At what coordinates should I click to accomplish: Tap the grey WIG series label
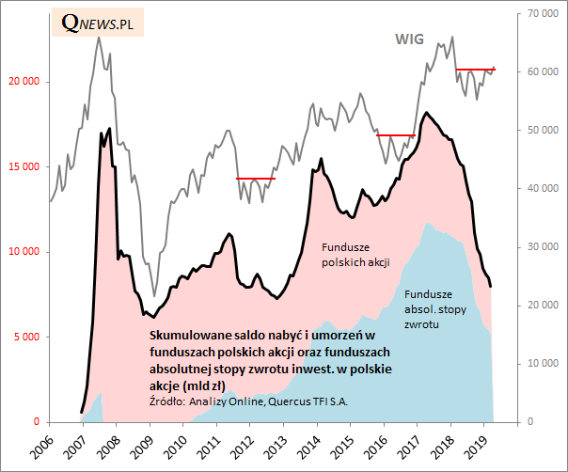pyautogui.click(x=408, y=39)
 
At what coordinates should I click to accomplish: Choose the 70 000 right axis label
pyautogui.click(x=543, y=14)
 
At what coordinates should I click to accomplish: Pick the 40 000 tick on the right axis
pyautogui.click(x=543, y=189)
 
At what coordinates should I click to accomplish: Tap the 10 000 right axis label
pyautogui.click(x=543, y=364)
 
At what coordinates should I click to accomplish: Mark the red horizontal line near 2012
pyautogui.click(x=255, y=179)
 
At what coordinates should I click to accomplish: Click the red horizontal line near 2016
pyautogui.click(x=396, y=135)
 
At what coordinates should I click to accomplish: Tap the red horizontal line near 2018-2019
pyautogui.click(x=475, y=69)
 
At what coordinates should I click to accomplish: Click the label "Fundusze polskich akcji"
pyautogui.click(x=355, y=254)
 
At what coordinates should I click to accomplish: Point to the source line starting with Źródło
pyautogui.click(x=248, y=401)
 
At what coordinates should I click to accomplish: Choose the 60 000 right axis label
pyautogui.click(x=543, y=72)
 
